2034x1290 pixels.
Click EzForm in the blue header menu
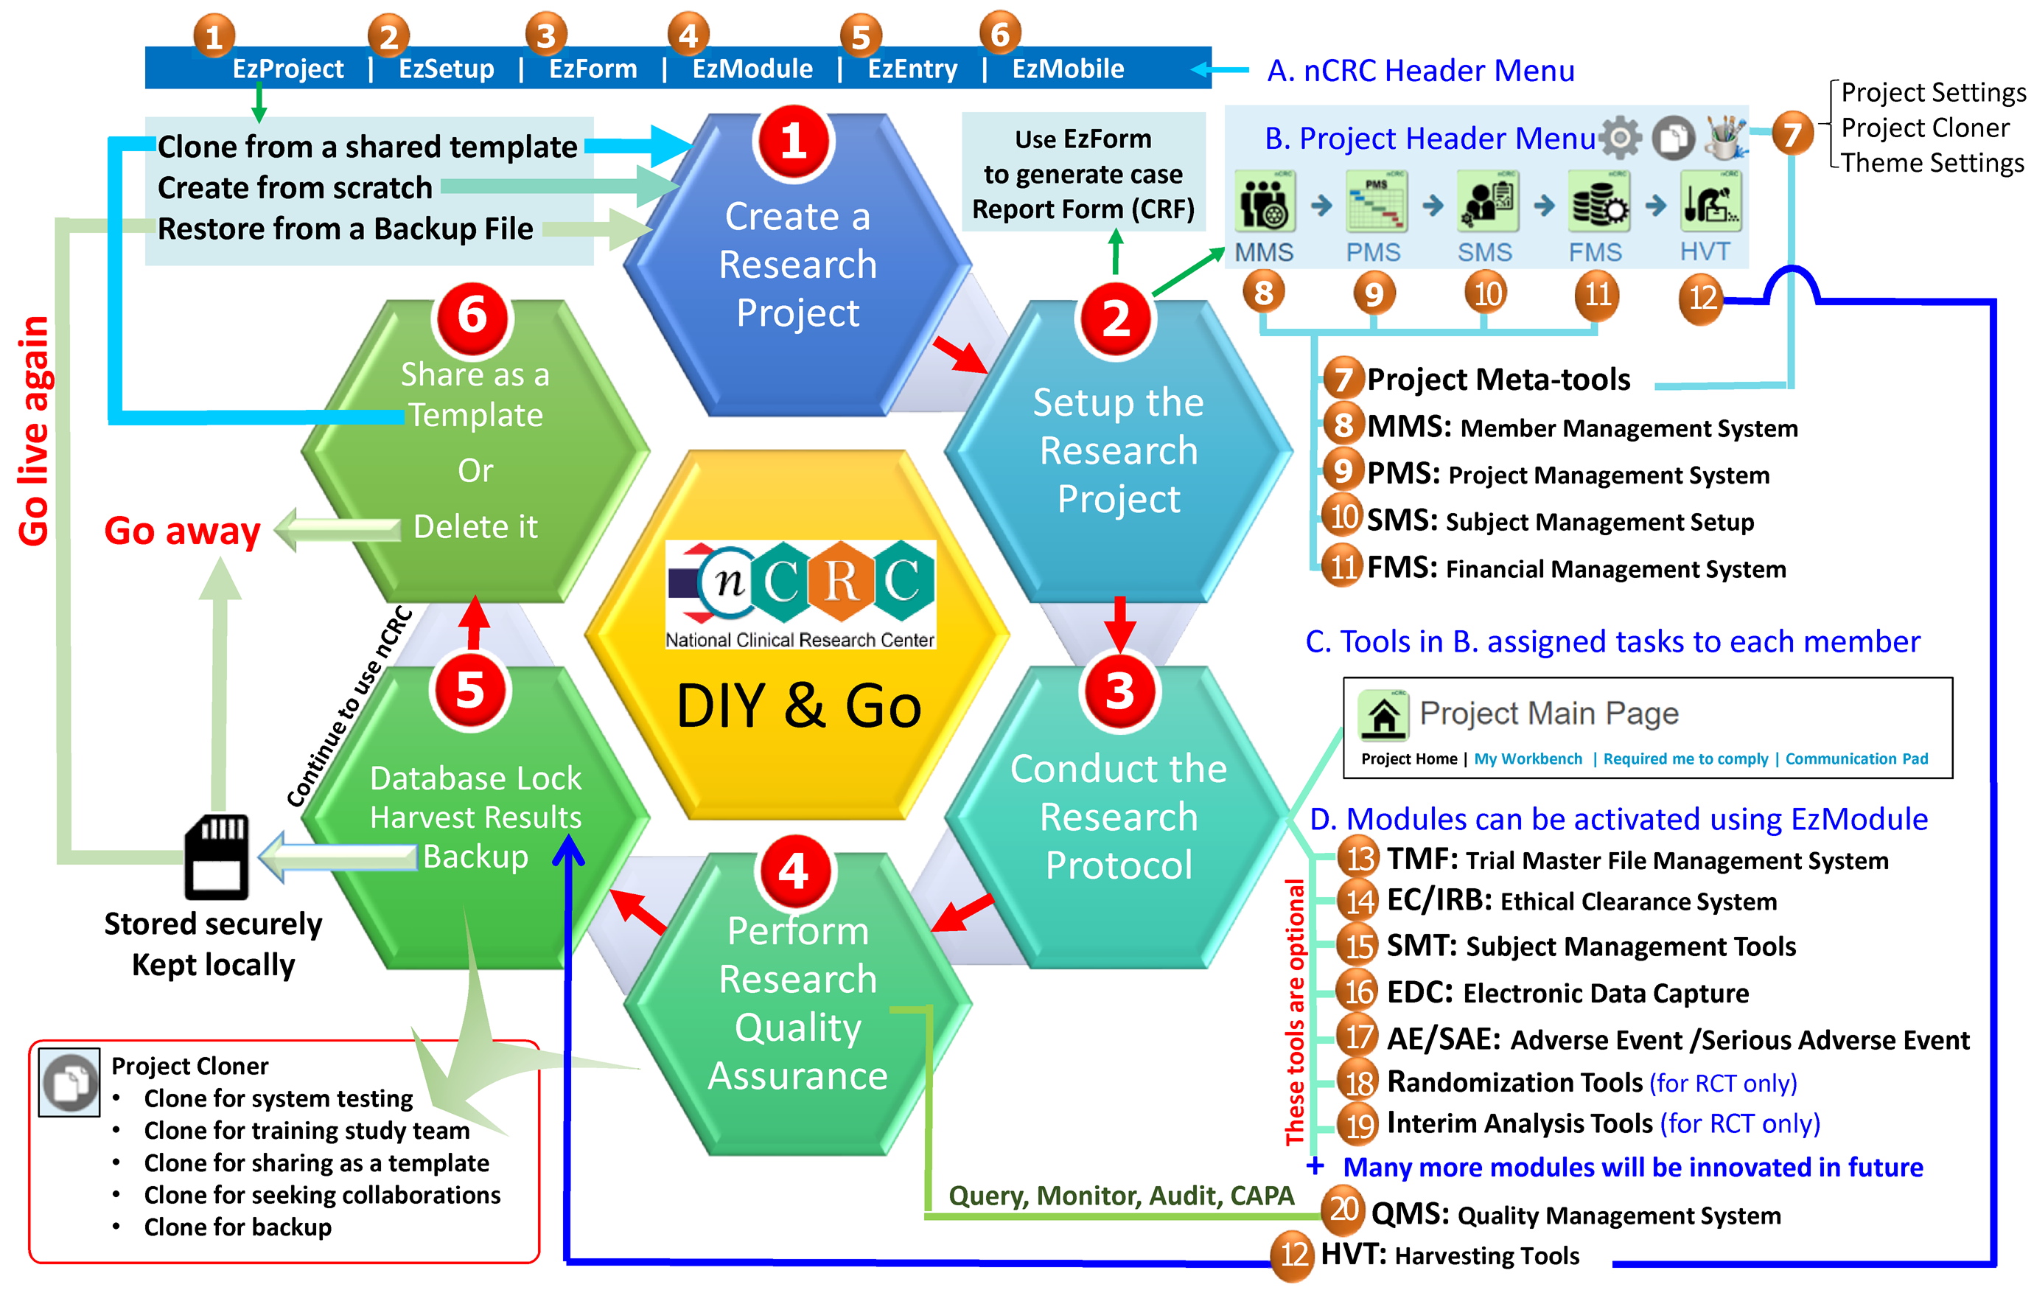click(593, 69)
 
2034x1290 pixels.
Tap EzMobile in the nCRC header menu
click(1068, 69)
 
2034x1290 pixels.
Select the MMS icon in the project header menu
click(1265, 202)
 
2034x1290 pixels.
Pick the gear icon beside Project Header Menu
click(1620, 138)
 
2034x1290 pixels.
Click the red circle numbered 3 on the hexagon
click(1119, 690)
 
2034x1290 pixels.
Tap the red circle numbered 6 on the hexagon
click(472, 316)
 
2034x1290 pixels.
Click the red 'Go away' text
click(183, 531)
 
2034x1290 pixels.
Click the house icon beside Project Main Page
click(1383, 716)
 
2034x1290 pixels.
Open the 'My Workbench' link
click(1528, 759)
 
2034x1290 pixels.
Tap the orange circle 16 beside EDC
click(1359, 991)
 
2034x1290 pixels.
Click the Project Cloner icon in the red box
click(70, 1082)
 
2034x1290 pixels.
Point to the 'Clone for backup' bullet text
click(238, 1227)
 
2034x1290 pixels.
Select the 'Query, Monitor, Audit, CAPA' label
click(1121, 1196)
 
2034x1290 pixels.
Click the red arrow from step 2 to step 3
click(1120, 624)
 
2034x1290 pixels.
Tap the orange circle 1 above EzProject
click(214, 35)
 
